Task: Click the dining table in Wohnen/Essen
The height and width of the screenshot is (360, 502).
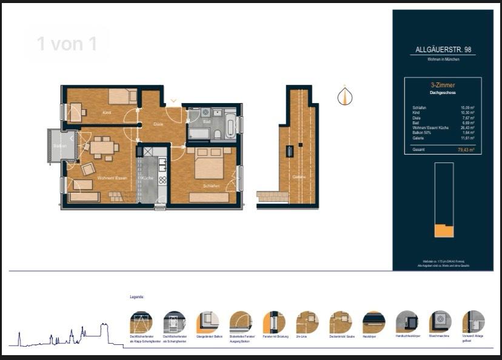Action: [x=104, y=147]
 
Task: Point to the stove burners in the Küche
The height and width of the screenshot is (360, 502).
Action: [x=162, y=179]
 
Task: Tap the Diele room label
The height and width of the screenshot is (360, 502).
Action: [x=158, y=124]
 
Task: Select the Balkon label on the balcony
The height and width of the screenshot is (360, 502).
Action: [x=59, y=146]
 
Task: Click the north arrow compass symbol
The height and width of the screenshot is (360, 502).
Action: [x=345, y=96]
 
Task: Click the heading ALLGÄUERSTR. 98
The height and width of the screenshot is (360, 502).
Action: [x=443, y=50]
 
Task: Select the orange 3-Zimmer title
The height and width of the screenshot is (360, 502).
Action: [x=443, y=86]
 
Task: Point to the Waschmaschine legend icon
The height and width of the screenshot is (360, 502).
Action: [x=440, y=322]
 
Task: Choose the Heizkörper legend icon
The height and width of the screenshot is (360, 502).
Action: [x=373, y=322]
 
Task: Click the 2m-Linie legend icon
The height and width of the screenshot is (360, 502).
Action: [x=307, y=322]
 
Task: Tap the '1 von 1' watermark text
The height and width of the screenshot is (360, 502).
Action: [x=67, y=44]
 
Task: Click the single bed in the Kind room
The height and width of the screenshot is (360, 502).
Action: [x=123, y=96]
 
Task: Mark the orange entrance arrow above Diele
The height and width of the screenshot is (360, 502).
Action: [x=173, y=101]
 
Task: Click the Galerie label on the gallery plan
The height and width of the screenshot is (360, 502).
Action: [x=298, y=176]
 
